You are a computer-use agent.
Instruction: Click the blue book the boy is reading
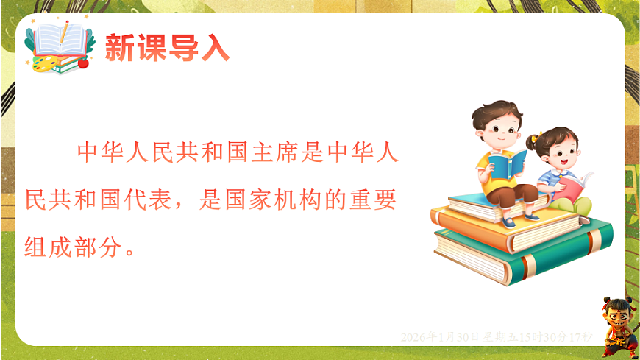click(508, 163)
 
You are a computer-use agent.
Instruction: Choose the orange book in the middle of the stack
click(508, 225)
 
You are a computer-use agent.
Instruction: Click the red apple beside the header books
click(83, 63)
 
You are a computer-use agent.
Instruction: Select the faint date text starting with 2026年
click(497, 336)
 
